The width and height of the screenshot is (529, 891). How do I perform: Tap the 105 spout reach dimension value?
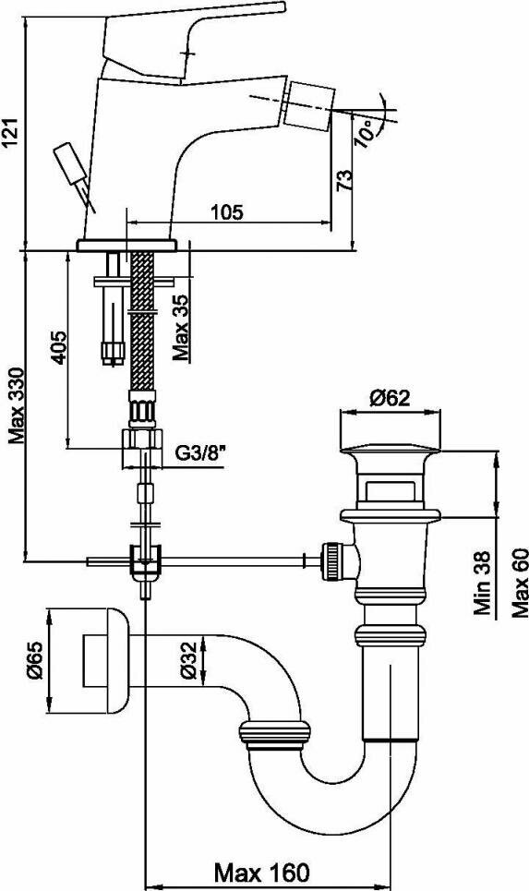[x=227, y=212]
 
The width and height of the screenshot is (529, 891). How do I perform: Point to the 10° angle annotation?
[x=365, y=131]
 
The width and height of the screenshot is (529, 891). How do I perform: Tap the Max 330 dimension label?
[x=17, y=404]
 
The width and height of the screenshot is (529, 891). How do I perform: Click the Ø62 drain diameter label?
[x=390, y=398]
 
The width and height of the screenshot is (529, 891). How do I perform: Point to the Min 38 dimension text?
[x=484, y=582]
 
